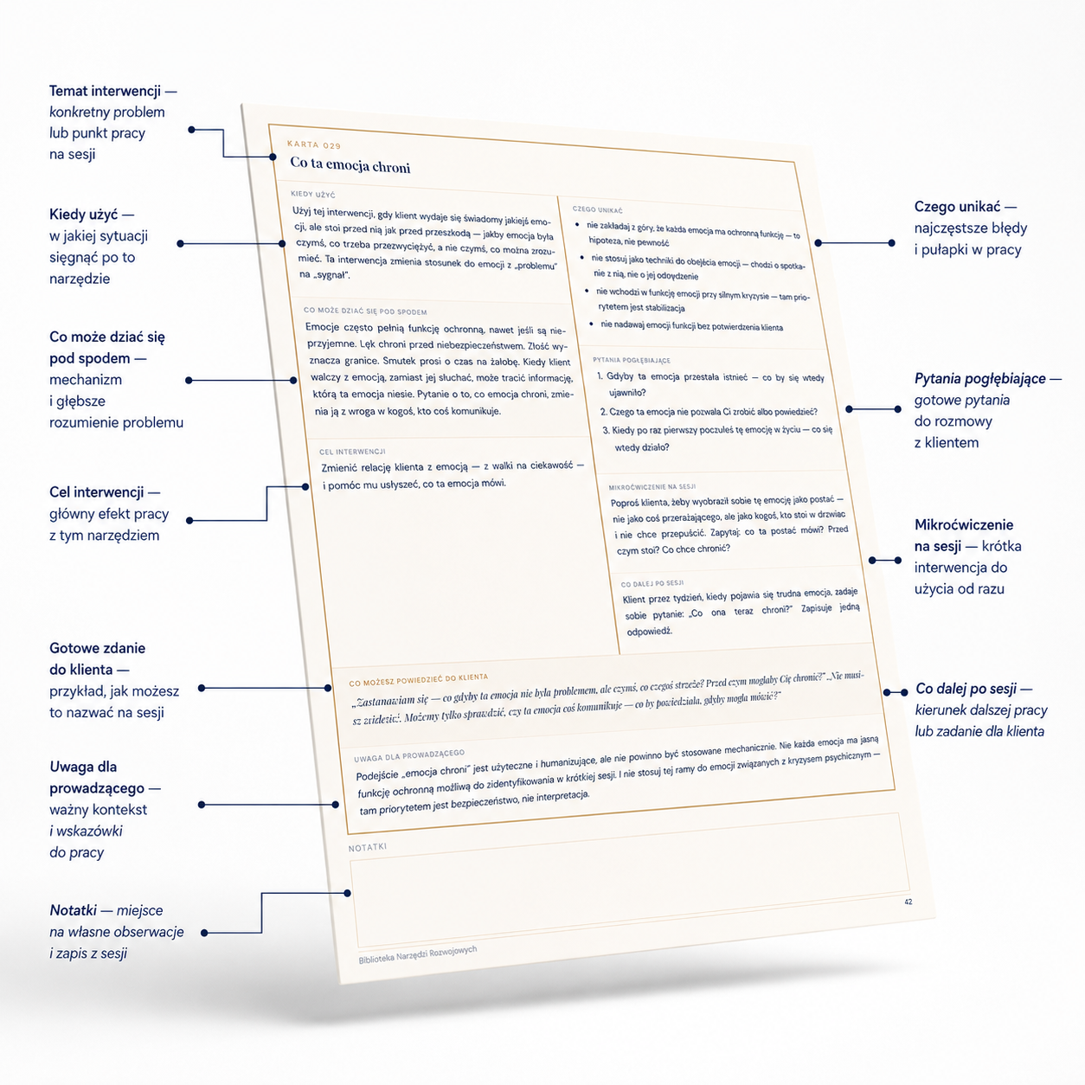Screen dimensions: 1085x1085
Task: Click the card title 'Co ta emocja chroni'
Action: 350,165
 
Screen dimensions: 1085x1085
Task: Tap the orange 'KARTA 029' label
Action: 314,145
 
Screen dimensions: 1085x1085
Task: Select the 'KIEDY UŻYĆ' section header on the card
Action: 313,195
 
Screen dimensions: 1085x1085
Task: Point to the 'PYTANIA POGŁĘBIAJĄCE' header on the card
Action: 631,360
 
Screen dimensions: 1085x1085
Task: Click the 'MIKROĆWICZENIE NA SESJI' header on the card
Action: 652,487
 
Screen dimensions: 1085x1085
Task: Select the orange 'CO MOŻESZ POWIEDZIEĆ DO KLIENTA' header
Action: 419,680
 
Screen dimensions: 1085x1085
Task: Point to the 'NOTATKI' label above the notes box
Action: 367,847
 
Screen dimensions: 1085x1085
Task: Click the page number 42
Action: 908,902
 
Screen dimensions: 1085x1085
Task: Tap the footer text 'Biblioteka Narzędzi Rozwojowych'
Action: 418,955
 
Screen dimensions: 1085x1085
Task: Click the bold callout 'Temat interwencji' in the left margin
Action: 105,91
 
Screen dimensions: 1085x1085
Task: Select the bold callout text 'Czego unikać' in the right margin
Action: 957,207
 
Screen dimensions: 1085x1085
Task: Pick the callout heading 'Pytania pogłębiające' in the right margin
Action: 979,378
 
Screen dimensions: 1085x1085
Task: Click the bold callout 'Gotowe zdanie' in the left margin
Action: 98,648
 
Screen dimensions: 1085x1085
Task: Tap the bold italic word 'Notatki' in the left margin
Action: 74,910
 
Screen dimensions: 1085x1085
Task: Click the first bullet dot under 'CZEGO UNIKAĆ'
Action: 577,225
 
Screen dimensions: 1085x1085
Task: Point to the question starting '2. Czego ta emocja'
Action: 709,412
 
